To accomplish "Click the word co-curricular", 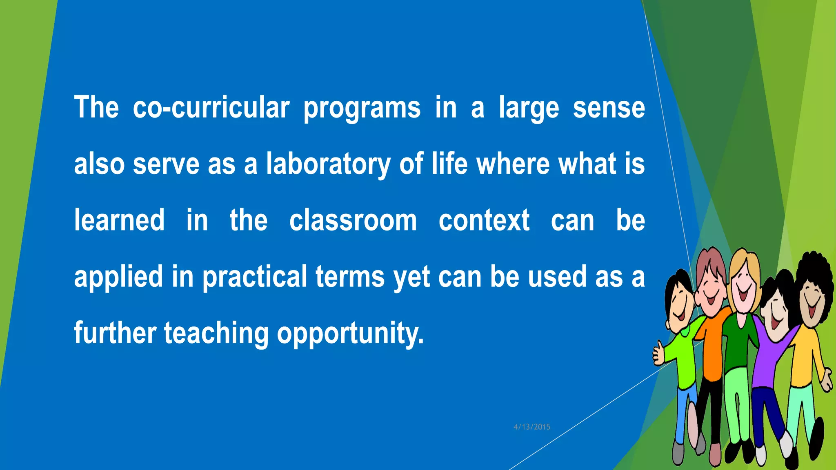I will (211, 108).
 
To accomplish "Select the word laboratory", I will (328, 164).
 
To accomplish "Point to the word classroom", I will (353, 220).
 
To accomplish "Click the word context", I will (484, 220).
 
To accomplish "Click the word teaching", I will (216, 333).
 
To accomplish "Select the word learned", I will (119, 220).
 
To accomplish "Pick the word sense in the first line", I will (609, 108).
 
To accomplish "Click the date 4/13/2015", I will (532, 427).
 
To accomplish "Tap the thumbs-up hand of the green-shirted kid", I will (658, 353).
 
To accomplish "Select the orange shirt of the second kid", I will (712, 347).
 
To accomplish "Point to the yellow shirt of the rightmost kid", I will (802, 359).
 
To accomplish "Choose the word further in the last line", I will (115, 333).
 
